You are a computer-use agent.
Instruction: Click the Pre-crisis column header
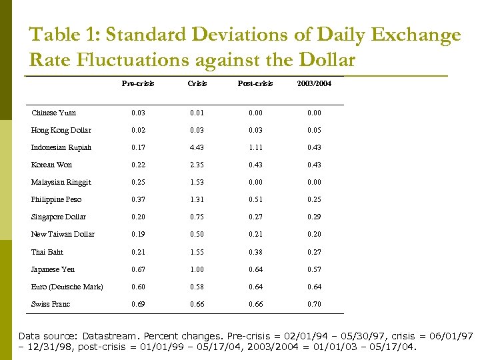138,83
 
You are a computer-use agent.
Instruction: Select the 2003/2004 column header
314,83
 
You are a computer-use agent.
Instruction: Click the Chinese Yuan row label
53,113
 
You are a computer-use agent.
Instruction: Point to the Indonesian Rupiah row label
61,147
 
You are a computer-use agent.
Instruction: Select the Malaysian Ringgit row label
61,182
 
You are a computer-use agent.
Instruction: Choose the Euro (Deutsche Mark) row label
67,287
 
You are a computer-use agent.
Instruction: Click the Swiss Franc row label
51,304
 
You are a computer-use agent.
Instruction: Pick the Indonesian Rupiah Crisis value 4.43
197,147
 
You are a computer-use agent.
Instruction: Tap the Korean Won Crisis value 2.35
197,165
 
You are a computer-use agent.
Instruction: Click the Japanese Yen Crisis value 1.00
197,269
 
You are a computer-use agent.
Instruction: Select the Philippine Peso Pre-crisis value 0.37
138,199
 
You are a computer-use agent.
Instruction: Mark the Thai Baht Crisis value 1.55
197,252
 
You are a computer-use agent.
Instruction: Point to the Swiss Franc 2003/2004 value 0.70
314,304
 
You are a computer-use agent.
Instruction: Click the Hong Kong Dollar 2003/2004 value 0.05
314,130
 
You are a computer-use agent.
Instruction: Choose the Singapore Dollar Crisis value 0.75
197,217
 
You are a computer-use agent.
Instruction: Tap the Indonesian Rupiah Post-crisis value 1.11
255,147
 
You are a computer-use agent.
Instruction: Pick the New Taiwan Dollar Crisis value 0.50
197,234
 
